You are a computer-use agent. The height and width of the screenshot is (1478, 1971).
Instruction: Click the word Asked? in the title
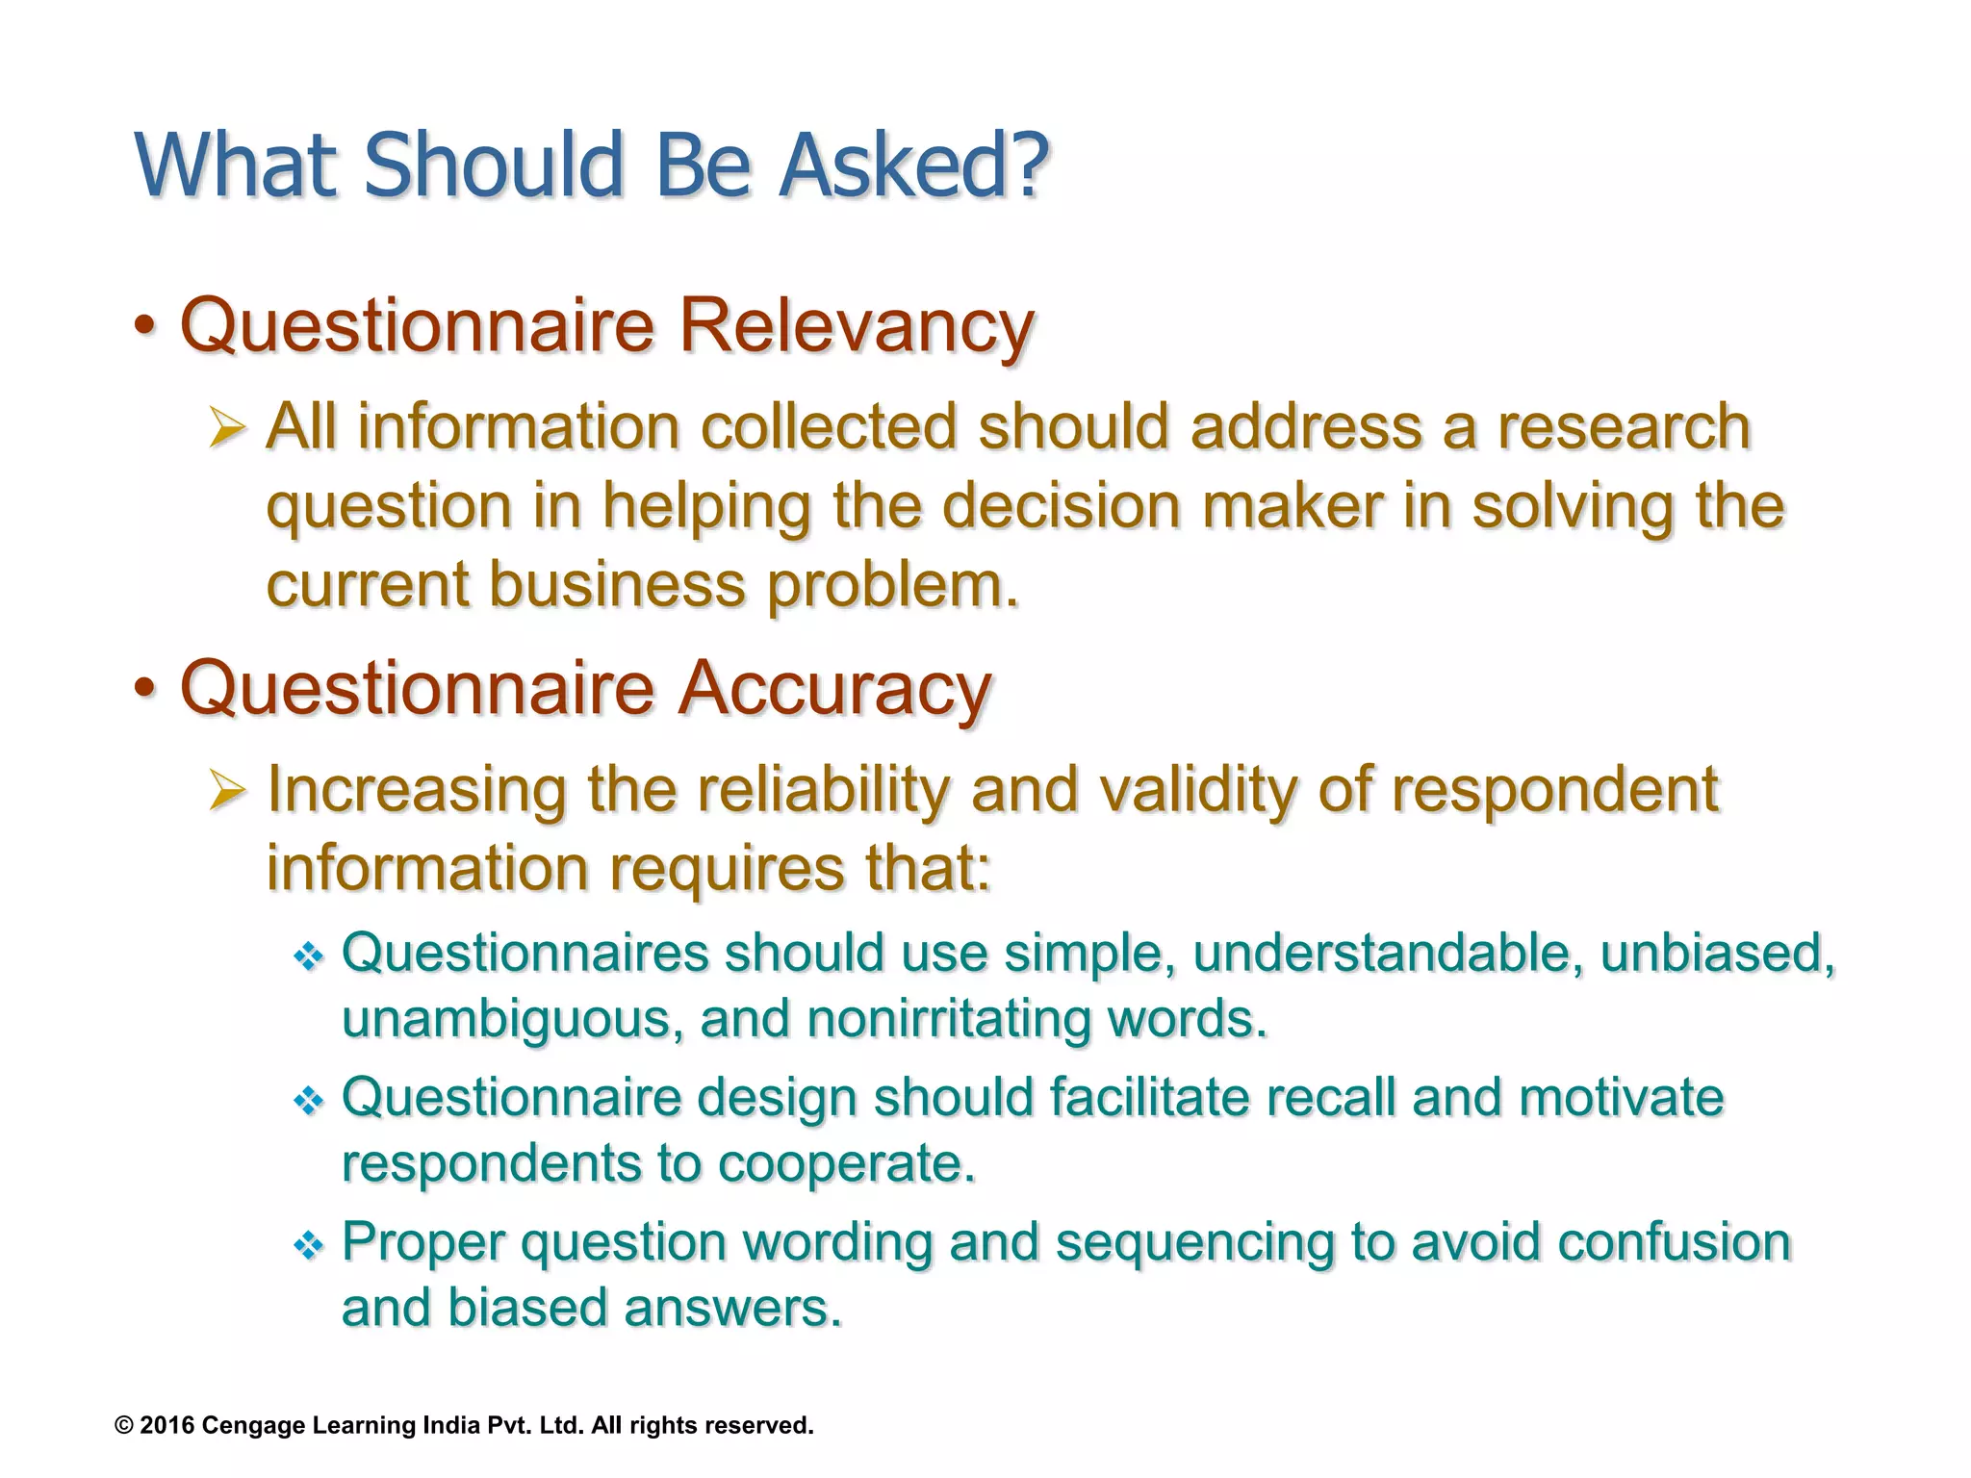click(x=912, y=166)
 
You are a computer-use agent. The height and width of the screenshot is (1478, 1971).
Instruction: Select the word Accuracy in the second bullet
click(x=834, y=689)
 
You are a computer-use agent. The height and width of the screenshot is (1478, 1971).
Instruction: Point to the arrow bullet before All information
click(x=227, y=428)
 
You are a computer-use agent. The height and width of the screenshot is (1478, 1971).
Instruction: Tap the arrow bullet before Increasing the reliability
click(x=227, y=791)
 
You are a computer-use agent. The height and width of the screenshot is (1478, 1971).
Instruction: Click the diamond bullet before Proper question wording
click(x=308, y=1246)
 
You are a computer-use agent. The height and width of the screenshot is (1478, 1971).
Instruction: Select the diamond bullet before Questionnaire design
click(x=308, y=1101)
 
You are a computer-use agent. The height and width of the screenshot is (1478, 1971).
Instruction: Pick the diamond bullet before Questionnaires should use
click(x=308, y=956)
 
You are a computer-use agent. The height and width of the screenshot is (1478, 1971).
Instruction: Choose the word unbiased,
click(x=1717, y=954)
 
